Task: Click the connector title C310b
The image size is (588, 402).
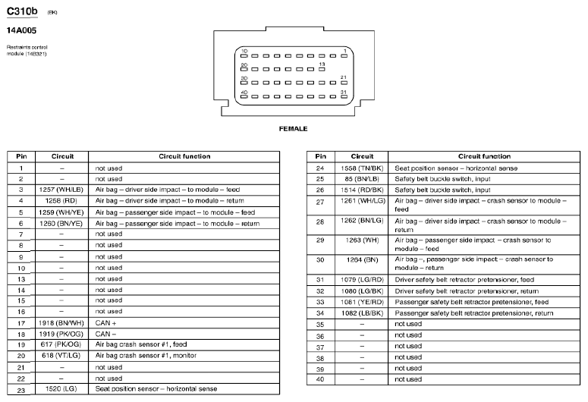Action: pyautogui.click(x=22, y=13)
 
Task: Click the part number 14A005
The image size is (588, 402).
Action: pyautogui.click(x=22, y=30)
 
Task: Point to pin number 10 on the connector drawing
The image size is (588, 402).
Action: pyautogui.click(x=244, y=51)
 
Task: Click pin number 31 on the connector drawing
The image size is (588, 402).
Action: pyautogui.click(x=344, y=92)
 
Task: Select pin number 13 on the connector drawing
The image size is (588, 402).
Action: pyautogui.click(x=322, y=64)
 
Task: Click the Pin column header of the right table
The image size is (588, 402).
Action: pyautogui.click(x=320, y=156)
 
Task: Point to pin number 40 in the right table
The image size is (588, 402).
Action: pyautogui.click(x=320, y=378)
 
